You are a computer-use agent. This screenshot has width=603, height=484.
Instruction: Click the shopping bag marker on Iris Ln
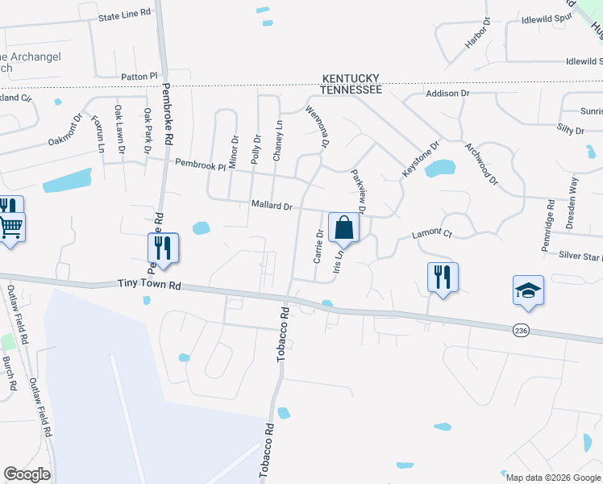pyautogui.click(x=343, y=228)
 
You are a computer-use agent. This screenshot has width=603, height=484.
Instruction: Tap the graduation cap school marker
pyautogui.click(x=528, y=291)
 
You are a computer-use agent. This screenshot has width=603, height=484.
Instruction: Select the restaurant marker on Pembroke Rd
pyautogui.click(x=164, y=248)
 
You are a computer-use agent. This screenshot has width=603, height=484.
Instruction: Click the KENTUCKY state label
pyautogui.click(x=352, y=78)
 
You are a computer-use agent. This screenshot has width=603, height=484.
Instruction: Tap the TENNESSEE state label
pyautogui.click(x=352, y=90)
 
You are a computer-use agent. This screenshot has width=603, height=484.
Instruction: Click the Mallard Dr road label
pyautogui.click(x=271, y=207)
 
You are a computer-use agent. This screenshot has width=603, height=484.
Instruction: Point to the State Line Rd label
pyautogui.click(x=124, y=15)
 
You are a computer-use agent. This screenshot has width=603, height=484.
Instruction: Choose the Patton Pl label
pyautogui.click(x=139, y=76)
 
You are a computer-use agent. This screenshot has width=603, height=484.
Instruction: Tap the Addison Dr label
pyautogui.click(x=447, y=94)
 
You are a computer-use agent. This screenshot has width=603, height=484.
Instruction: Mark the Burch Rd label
pyautogui.click(x=10, y=373)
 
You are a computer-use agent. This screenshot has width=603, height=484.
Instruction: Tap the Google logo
pyautogui.click(x=27, y=474)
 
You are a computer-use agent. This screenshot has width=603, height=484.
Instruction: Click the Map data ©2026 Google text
pyautogui.click(x=553, y=477)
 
